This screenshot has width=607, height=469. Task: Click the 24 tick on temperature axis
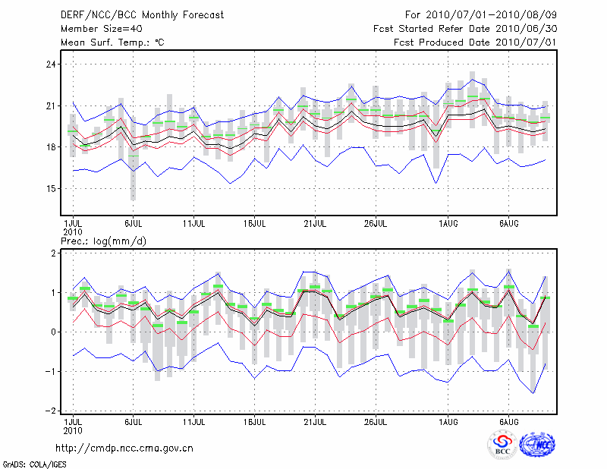(x=52, y=65)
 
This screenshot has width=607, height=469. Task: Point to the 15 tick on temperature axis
(x=52, y=188)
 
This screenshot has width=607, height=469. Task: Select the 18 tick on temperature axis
(x=52, y=146)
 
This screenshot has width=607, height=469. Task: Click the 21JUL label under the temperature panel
(x=315, y=225)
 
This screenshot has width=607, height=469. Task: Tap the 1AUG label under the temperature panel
(x=448, y=225)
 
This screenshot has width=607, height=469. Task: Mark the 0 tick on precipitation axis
(x=53, y=332)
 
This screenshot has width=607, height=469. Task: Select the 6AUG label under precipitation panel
(x=509, y=421)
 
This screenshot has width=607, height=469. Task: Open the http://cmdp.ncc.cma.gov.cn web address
(x=124, y=448)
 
